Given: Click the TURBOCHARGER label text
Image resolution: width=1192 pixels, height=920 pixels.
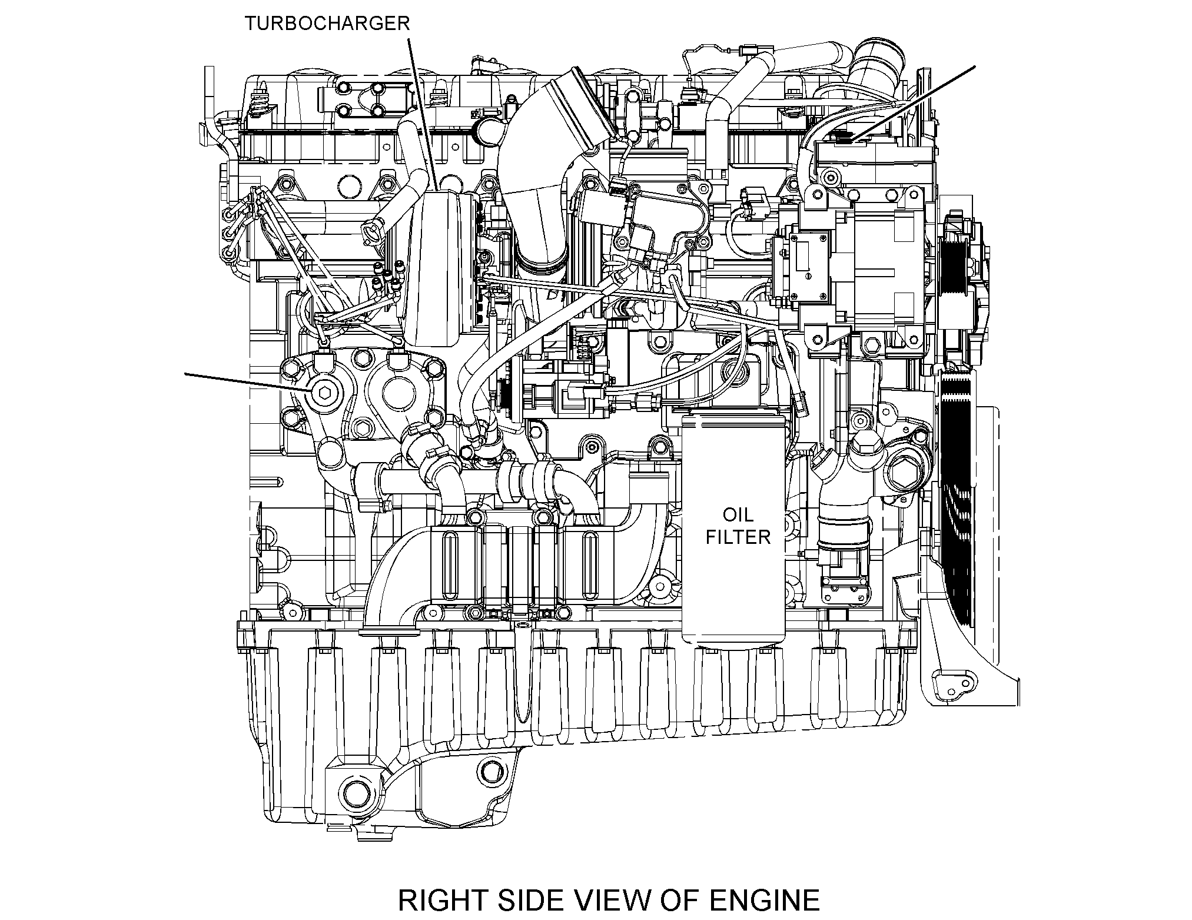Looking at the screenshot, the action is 327,24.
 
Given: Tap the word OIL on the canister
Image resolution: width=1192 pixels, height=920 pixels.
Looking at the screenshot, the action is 738,514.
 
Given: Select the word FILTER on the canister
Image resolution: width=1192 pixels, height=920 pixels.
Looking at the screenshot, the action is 738,537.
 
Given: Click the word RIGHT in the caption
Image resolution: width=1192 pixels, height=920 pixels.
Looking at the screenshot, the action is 441,900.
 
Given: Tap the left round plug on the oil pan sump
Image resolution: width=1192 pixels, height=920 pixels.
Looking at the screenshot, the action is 356,791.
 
